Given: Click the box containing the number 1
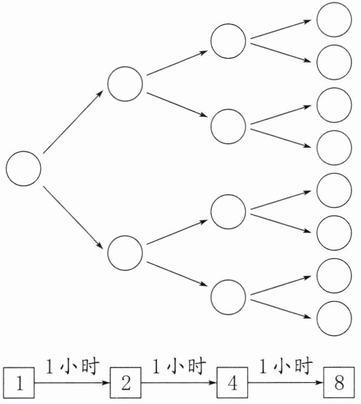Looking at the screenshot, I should tap(19, 383).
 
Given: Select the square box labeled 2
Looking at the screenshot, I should tap(126, 383).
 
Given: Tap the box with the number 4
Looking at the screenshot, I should tap(232, 383).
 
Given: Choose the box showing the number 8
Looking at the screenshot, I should tap(339, 383).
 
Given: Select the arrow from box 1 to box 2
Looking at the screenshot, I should tap(72, 384).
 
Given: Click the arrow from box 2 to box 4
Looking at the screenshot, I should tap(179, 384).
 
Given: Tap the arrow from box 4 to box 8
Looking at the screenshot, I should tap(285, 384).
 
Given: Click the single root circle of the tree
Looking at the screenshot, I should tap(24, 169).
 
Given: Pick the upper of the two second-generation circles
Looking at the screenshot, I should tap(125, 83).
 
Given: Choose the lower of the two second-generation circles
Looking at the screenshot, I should tap(125, 252).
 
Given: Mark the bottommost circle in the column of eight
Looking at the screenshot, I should tap(334, 319).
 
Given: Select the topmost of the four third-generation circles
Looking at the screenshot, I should tap(228, 41).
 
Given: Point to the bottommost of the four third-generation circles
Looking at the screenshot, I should tap(228, 296).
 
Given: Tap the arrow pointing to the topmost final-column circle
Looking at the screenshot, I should tap(281, 30).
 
